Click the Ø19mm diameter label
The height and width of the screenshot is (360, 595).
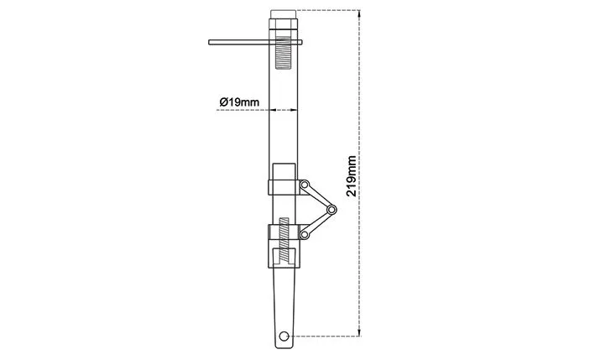(239, 102)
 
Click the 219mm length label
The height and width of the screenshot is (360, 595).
(352, 175)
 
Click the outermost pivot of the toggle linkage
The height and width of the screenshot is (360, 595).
(331, 210)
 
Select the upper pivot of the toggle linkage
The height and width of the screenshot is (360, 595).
(304, 185)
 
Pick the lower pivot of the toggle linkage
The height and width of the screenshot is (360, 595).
(304, 234)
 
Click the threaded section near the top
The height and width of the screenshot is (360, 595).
(283, 52)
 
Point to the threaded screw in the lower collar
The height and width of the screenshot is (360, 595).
(284, 240)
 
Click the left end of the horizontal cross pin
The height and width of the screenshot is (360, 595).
(209, 42)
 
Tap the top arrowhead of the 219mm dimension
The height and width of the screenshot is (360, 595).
(359, 13)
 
